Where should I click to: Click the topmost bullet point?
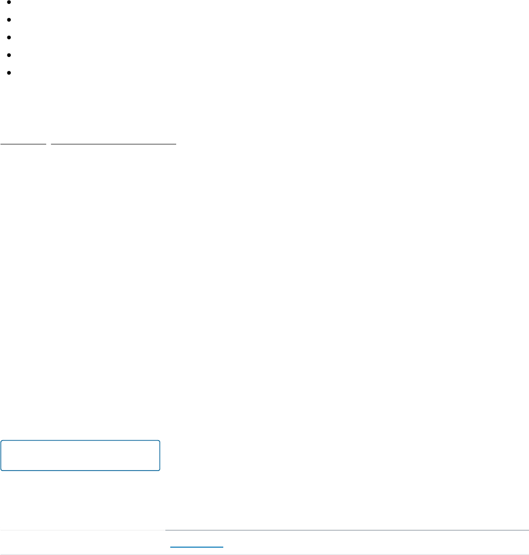pyautogui.click(x=10, y=3)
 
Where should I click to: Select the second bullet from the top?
pyautogui.click(x=10, y=20)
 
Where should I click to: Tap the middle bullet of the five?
pyautogui.click(x=10, y=37)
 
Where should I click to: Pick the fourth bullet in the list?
pyautogui.click(x=10, y=55)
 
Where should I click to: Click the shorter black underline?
pyautogui.click(x=23, y=144)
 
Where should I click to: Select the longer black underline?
pyautogui.click(x=113, y=144)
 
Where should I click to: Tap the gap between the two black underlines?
pyautogui.click(x=49, y=144)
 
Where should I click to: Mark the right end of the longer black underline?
pyautogui.click(x=176, y=144)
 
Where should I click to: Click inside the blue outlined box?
pyautogui.click(x=80, y=456)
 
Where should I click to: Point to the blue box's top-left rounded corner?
pyautogui.click(x=2, y=442)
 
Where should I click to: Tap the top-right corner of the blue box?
pyautogui.click(x=159, y=442)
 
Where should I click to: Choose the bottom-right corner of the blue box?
pyautogui.click(x=159, y=470)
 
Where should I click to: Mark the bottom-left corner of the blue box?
pyautogui.click(x=2, y=470)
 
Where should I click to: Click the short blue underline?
pyautogui.click(x=196, y=547)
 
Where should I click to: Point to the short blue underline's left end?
pyautogui.click(x=170, y=547)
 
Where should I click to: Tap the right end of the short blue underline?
pyautogui.click(x=223, y=547)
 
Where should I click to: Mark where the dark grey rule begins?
pyautogui.click(x=165, y=530)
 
